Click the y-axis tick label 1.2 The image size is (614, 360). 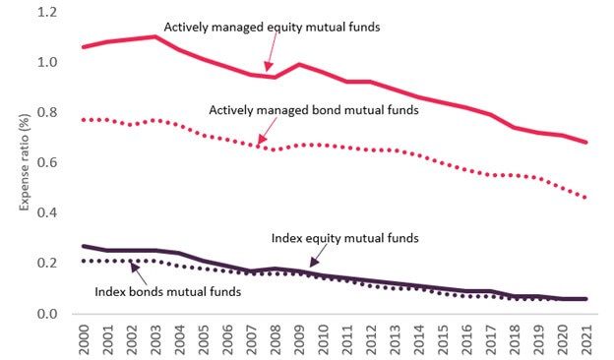(47, 12)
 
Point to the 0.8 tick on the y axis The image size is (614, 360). (47, 113)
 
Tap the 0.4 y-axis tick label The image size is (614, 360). (47, 212)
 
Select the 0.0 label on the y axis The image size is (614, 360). (47, 314)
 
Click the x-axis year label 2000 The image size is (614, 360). (84, 339)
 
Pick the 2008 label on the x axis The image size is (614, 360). (275, 339)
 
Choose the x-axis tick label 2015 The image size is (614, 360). (443, 339)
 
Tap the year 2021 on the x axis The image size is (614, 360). (585, 339)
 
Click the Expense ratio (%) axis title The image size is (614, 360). (25, 162)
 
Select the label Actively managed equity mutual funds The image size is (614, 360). (272, 28)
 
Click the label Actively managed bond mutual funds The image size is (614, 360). (314, 110)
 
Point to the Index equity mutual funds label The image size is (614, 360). (345, 238)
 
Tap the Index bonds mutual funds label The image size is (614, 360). (167, 292)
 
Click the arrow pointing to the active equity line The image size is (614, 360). (272, 53)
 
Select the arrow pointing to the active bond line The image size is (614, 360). (267, 131)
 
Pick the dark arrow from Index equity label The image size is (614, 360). (319, 256)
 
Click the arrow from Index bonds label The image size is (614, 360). (139, 273)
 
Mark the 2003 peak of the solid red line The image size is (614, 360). (155, 36)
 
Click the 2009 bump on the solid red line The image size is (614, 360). (299, 64)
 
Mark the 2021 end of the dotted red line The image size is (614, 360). (585, 198)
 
